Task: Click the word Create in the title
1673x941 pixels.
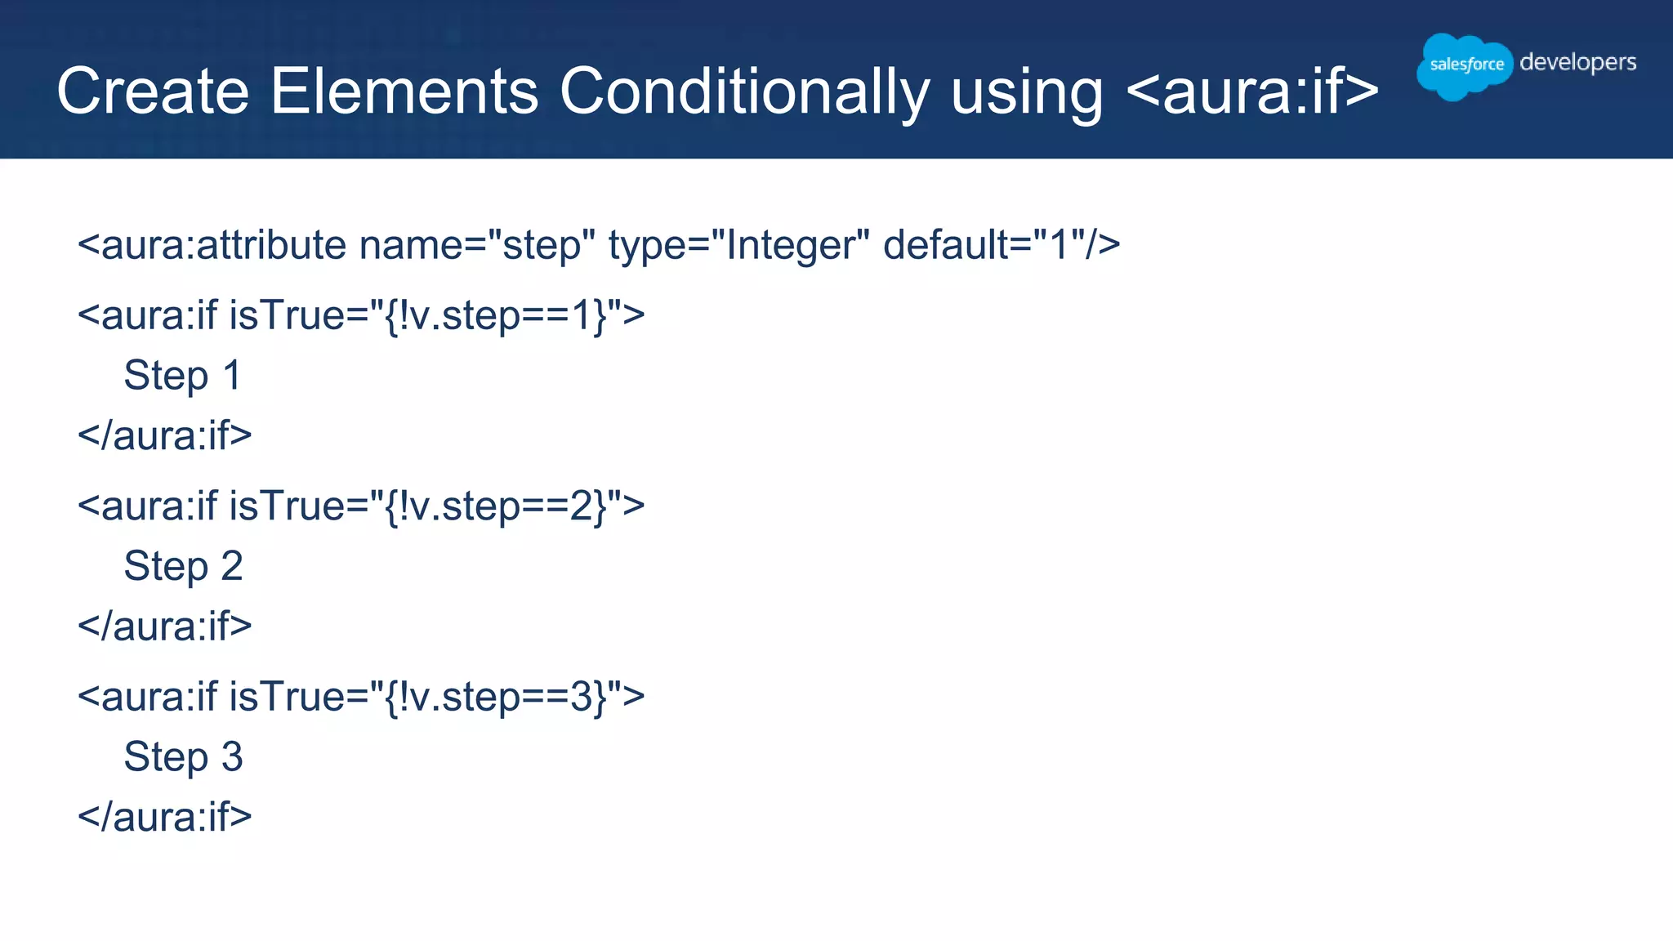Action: coord(153,91)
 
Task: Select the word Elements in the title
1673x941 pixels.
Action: coord(404,91)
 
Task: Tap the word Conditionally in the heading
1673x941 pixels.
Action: coord(744,91)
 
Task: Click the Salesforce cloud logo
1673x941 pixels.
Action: coord(1465,65)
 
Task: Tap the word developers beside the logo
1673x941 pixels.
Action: coord(1577,63)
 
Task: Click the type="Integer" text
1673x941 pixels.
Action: coord(738,245)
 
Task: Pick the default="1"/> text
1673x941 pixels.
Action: coord(1002,245)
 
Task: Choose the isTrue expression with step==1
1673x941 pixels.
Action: coord(437,315)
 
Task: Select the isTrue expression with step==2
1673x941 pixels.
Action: coord(437,506)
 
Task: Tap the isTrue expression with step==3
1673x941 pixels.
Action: coord(437,697)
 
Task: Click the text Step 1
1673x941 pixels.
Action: coord(183,376)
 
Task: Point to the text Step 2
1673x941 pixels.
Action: coord(183,566)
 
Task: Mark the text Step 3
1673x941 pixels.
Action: coord(183,757)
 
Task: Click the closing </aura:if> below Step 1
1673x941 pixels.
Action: coord(165,435)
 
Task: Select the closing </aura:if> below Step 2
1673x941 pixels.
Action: coord(165,627)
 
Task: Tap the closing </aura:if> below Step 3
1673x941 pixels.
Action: coord(165,817)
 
